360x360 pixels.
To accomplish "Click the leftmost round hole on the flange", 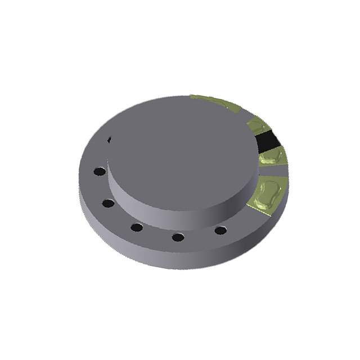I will [x=100, y=171].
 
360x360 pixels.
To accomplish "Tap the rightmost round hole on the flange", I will [x=220, y=230].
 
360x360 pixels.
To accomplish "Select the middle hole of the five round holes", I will [x=137, y=227].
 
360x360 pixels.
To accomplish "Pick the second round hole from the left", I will [x=109, y=203].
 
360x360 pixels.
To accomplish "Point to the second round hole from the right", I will [x=178, y=237].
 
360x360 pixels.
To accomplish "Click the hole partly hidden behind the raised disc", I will [x=109, y=139].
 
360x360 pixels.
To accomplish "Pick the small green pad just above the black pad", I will [x=258, y=125].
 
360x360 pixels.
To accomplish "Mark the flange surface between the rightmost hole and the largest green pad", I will [x=239, y=222].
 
